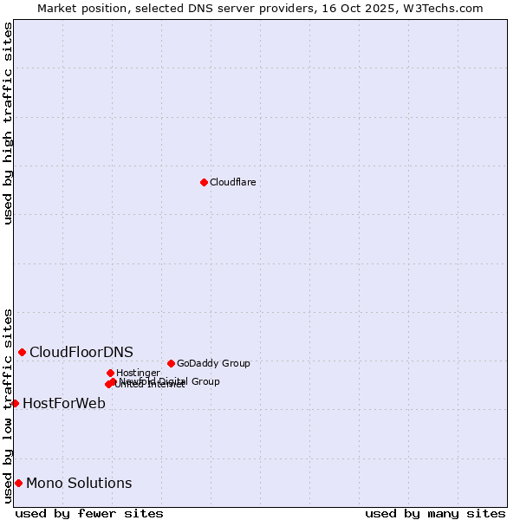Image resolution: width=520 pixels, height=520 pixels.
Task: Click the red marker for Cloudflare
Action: [204, 182]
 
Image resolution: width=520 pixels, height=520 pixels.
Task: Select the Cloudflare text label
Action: [232, 182]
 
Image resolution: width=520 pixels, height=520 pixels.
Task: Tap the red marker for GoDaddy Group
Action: [171, 363]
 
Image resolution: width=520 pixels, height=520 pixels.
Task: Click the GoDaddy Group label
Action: [213, 363]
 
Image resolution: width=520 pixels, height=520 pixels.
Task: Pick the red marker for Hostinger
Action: [110, 373]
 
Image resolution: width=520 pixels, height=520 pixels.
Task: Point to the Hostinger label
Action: [138, 373]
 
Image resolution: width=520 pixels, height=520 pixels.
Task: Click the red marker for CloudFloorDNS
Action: [22, 352]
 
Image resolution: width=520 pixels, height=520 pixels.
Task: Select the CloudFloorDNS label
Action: [81, 352]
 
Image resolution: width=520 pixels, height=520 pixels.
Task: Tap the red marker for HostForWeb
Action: [15, 403]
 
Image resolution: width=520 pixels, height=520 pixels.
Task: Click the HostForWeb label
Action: [64, 403]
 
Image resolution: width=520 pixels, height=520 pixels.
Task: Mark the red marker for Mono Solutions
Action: [18, 483]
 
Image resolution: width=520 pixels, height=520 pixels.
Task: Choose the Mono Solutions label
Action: [79, 483]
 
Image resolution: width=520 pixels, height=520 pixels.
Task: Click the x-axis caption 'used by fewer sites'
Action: [89, 513]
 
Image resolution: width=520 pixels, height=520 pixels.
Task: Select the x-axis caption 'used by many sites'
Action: [435, 513]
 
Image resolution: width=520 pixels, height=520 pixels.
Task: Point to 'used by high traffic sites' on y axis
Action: [8, 123]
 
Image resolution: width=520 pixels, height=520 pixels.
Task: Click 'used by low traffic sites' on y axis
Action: [8, 406]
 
